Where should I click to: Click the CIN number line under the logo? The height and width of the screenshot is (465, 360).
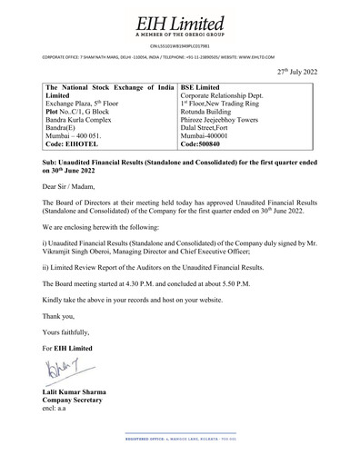[x=179, y=45]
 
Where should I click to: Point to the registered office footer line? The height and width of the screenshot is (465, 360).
[x=179, y=438]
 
